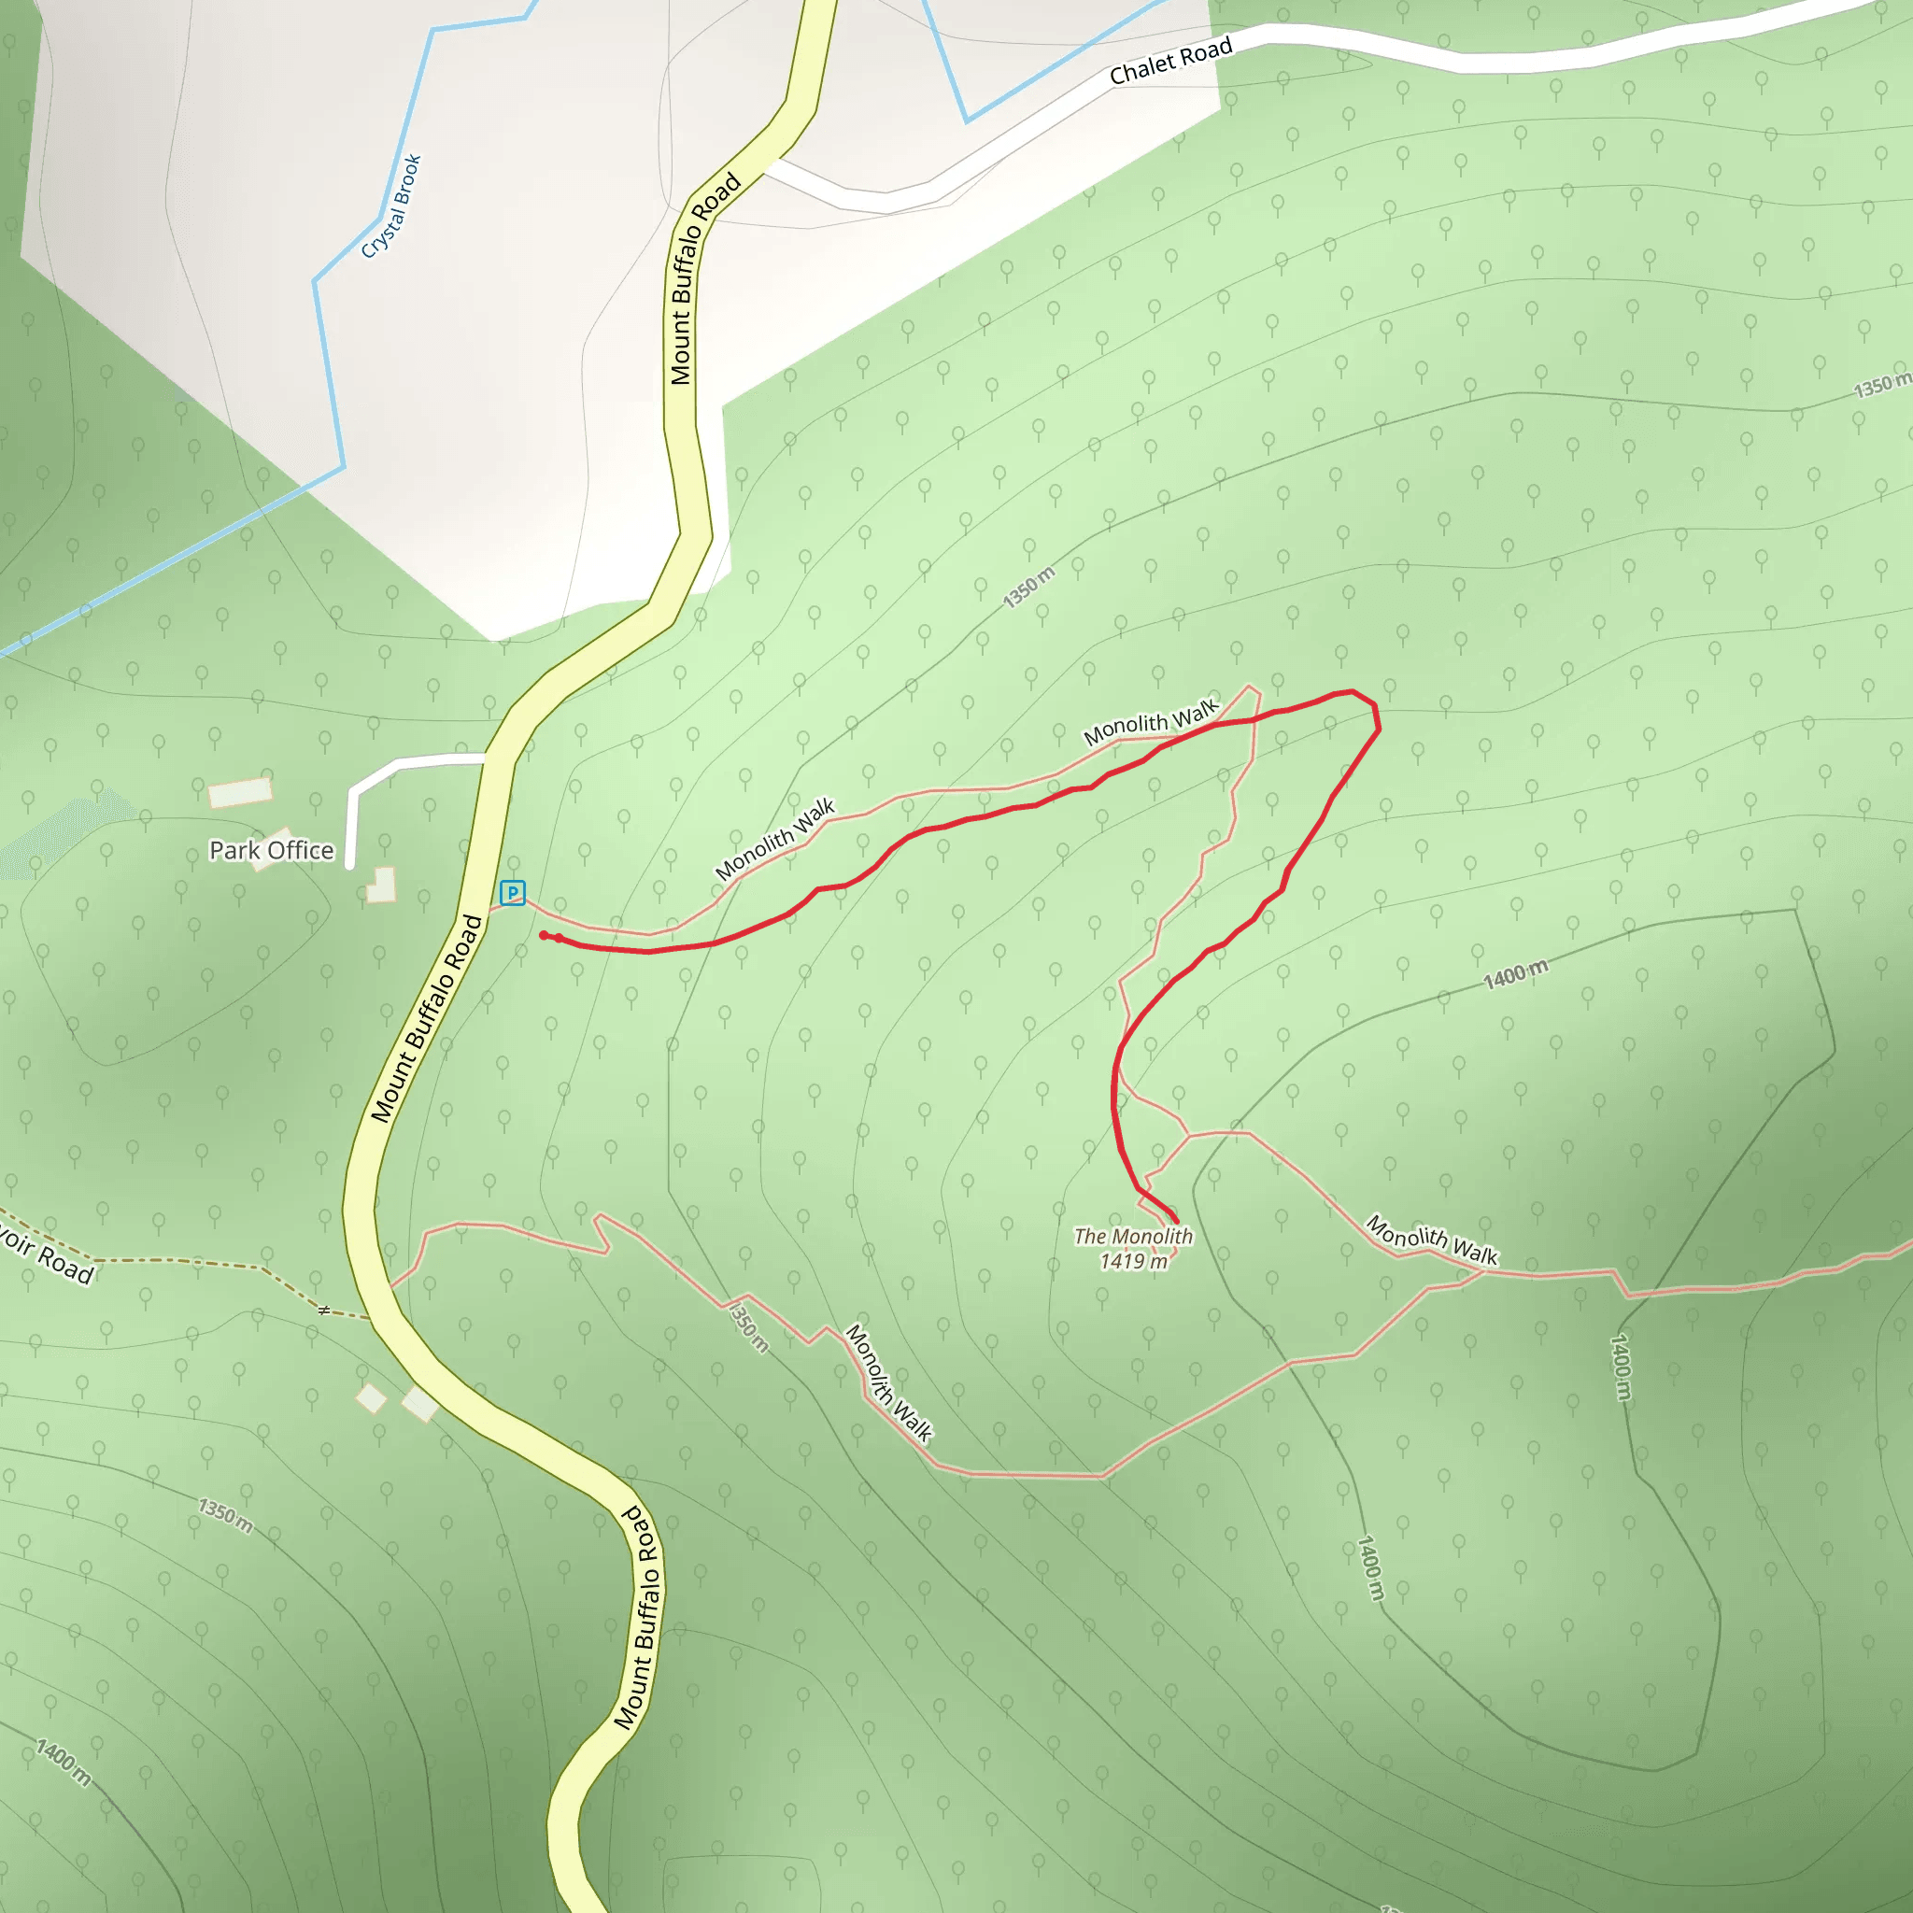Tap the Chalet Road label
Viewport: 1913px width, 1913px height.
(1170, 62)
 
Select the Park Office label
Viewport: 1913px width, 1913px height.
(271, 851)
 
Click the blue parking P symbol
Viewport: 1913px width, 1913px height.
(512, 893)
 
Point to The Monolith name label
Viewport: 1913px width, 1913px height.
(1133, 1237)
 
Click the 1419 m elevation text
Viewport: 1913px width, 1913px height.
(1133, 1261)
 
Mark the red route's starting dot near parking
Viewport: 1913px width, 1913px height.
(544, 935)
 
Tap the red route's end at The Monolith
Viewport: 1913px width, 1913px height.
(1175, 1221)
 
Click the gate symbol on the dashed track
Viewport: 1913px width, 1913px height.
(324, 1310)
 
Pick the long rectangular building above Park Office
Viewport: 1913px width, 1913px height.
(240, 792)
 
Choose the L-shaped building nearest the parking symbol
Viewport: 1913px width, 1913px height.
(382, 886)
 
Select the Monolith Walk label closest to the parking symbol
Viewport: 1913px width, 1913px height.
(775, 840)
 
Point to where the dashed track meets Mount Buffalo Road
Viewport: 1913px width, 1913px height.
(373, 1319)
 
